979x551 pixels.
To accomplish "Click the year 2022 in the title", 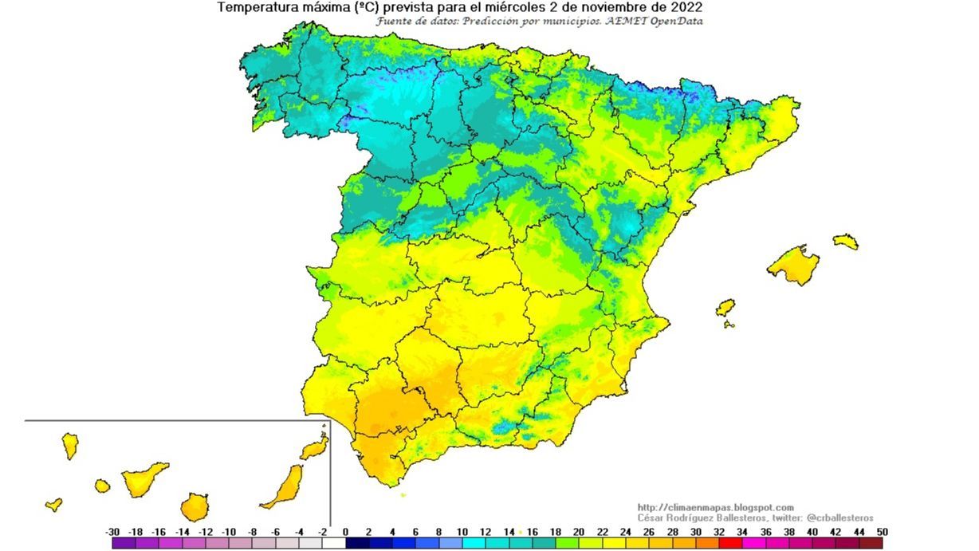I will coord(686,7).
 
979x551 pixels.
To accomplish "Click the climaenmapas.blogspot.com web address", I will coord(716,508).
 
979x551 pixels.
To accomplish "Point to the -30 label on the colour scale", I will coord(112,532).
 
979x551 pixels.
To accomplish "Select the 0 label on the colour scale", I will coord(345,532).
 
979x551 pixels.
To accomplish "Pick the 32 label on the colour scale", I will coord(718,532).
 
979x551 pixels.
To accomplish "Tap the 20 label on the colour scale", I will coord(579,532).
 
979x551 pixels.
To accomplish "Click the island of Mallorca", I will coord(793,265).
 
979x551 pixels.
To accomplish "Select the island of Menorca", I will coord(846,242).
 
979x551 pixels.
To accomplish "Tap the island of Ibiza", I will coord(725,307).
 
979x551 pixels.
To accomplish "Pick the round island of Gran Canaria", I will coord(194,506).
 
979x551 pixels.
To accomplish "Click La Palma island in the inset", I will coord(70,446).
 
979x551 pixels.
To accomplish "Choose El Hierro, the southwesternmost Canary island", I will coord(53,504).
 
